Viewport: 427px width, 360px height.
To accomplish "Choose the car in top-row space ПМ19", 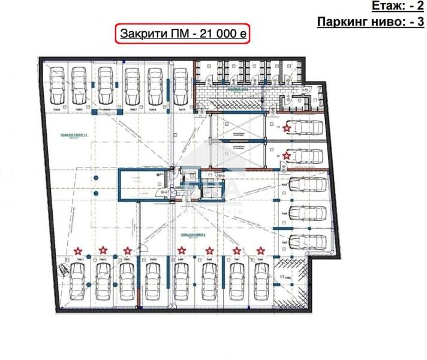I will [180, 85].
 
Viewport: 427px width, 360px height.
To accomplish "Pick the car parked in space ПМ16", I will [104, 85].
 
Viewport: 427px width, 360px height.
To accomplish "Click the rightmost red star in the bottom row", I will [260, 250].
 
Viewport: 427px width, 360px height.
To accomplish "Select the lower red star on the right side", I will [287, 156].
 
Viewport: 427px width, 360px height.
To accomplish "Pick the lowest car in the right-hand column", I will [307, 242].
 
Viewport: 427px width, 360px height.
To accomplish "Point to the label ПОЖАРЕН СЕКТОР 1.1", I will [79, 136].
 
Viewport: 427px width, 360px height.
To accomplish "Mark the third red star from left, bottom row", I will [127, 250].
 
